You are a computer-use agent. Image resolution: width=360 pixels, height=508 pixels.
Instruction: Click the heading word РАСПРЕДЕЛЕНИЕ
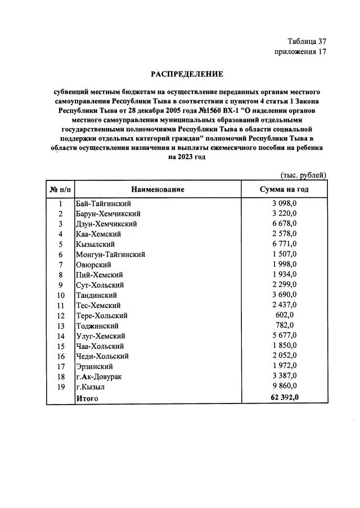pos(186,74)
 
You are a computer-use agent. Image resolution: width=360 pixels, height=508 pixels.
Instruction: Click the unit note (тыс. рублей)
pos(303,175)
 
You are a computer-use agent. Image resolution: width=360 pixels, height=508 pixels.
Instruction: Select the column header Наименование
pos(158,189)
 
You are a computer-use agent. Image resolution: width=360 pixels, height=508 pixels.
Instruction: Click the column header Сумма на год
pos(284,189)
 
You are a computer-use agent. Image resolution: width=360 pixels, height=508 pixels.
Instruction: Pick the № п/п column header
pos(60,189)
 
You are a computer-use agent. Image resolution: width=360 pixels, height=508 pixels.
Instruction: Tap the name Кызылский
pos(95,244)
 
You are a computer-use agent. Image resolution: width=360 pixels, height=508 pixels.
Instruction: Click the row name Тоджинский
pos(97,325)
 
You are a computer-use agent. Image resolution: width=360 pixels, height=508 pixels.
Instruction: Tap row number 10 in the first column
pos(60,295)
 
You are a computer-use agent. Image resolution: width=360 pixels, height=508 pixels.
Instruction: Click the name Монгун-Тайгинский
pos(110,255)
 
